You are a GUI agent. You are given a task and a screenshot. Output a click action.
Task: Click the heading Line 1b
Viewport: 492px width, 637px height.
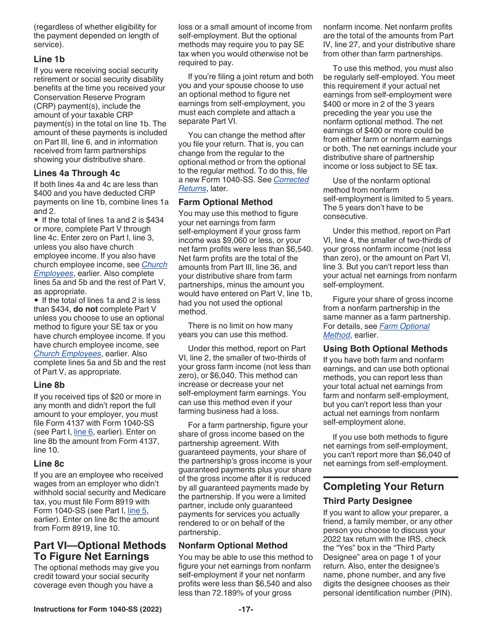(49, 59)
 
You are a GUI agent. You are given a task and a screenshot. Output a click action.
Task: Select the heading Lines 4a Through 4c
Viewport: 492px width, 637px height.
(77, 173)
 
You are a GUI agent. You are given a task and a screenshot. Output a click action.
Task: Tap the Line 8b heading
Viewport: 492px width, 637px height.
(49, 385)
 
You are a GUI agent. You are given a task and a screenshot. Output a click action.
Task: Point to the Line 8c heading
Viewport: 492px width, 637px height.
(49, 464)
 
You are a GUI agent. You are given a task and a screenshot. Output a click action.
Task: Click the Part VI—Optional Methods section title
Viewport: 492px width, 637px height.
(100, 551)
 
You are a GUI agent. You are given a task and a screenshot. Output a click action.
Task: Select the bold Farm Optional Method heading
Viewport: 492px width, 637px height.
(225, 202)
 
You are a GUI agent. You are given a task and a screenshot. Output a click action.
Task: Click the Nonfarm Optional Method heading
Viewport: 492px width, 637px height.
(233, 545)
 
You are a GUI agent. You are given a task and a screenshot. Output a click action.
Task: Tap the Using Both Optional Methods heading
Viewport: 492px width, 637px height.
(385, 349)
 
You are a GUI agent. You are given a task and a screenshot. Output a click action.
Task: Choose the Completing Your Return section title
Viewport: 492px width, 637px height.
(383, 486)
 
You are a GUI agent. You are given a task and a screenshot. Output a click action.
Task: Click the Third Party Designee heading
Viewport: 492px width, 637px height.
(368, 501)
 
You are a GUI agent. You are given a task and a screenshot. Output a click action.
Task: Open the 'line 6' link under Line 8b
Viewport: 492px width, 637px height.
(83, 432)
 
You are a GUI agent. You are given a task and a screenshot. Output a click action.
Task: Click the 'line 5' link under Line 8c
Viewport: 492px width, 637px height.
(137, 511)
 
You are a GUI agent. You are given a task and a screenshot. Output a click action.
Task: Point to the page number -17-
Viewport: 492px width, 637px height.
(246, 609)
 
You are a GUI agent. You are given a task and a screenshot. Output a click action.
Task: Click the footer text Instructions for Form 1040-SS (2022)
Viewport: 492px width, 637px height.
(97, 609)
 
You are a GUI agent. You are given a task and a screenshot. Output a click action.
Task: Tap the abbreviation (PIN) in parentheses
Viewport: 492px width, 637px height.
(440, 593)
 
